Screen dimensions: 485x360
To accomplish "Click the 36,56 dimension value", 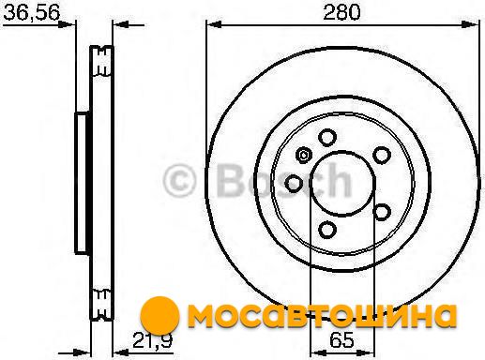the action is click(x=31, y=13).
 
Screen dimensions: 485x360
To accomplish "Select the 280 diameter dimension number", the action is click(x=341, y=12).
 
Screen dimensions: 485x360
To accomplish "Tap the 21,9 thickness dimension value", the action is click(x=152, y=340).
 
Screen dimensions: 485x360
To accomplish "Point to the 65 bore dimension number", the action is click(x=341, y=339).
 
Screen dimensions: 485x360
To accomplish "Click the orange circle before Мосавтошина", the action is click(x=159, y=315).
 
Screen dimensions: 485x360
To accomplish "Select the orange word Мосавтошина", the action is click(x=322, y=315).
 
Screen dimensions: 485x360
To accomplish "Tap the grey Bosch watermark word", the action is click(x=284, y=181).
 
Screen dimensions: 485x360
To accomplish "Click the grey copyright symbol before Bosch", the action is click(x=179, y=181).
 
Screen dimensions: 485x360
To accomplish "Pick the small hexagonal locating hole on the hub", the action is click(x=303, y=155).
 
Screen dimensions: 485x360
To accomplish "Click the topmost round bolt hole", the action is click(x=327, y=138).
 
